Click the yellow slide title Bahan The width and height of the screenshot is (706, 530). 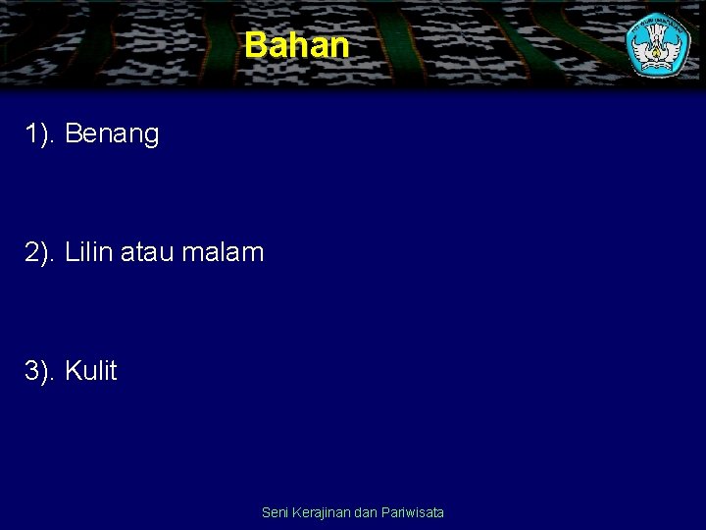[296, 45]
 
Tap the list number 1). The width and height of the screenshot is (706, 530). [40, 134]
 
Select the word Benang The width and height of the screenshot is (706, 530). [112, 135]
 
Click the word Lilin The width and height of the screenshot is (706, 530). [88, 252]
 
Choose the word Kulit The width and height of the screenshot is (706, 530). [90, 371]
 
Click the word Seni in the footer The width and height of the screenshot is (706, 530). [276, 512]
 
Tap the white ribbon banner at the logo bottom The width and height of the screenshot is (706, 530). [659, 65]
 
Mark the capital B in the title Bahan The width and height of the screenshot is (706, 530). [255, 45]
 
